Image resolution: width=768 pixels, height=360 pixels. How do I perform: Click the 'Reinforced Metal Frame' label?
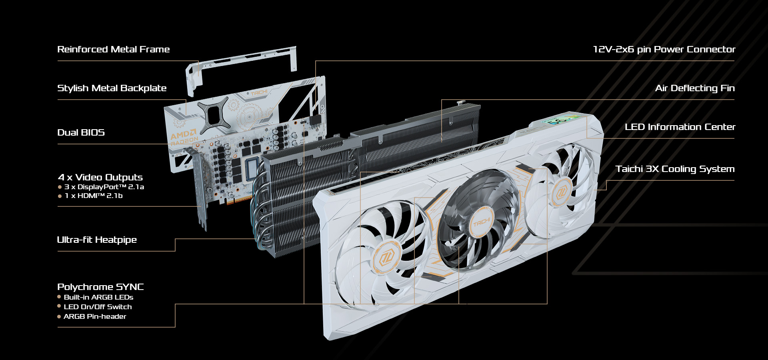click(114, 49)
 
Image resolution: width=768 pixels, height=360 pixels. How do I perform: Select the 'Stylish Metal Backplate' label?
click(112, 88)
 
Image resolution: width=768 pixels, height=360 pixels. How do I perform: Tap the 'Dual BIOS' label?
click(81, 132)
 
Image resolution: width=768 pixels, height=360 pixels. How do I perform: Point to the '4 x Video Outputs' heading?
click(100, 177)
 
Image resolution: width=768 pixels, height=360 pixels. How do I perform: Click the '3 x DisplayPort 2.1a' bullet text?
click(104, 187)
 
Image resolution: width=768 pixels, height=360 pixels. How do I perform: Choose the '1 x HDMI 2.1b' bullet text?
click(94, 196)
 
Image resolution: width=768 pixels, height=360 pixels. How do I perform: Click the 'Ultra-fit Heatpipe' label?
click(97, 240)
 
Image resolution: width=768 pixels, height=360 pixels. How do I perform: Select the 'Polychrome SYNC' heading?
click(100, 287)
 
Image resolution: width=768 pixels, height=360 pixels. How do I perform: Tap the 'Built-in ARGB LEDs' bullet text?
click(98, 297)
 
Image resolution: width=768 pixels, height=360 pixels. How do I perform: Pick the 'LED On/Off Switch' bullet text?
click(98, 307)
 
